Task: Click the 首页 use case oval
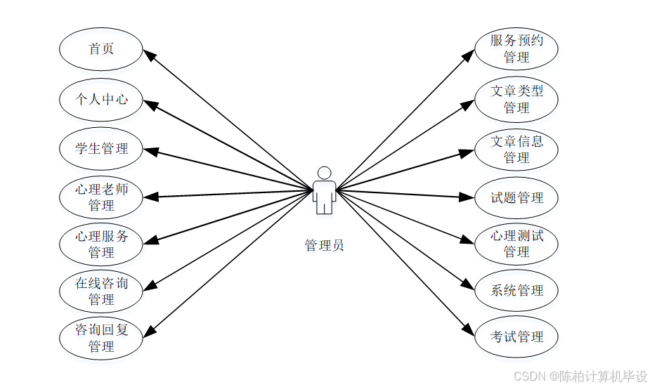[x=101, y=49]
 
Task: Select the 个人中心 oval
[x=101, y=100]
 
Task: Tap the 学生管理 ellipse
[x=101, y=149]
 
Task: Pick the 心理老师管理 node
[x=101, y=197]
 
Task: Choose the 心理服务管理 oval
[x=101, y=244]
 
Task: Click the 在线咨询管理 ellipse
[x=101, y=291]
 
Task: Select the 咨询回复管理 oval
[x=101, y=338]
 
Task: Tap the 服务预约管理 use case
[x=516, y=48]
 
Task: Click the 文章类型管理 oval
[x=516, y=99]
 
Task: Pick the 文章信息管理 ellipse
[x=516, y=149]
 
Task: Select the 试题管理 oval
[x=516, y=198]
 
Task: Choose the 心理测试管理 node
[x=516, y=243]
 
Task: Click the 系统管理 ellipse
[x=516, y=290]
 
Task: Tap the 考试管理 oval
[x=516, y=337]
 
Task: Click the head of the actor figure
[x=324, y=173]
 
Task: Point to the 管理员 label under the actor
[x=324, y=245]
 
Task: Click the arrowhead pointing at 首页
[x=148, y=55]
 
